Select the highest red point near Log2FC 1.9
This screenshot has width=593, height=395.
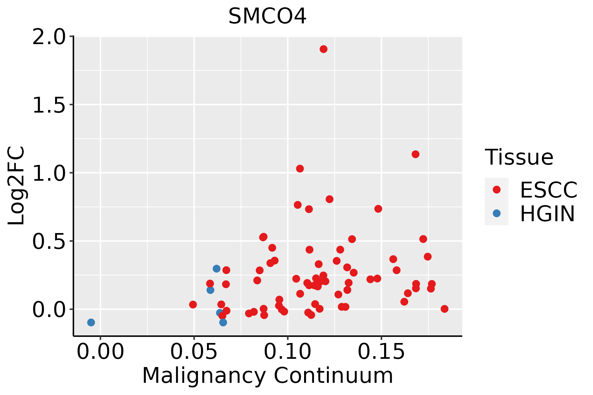[x=324, y=49]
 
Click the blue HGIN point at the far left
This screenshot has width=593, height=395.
[x=91, y=322]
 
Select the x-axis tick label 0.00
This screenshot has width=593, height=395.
[x=100, y=352]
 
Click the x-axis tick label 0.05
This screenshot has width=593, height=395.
[x=194, y=352]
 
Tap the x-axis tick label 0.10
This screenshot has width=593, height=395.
[x=288, y=352]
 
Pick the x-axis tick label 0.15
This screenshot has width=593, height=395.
[x=381, y=352]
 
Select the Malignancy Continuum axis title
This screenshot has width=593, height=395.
[x=268, y=376]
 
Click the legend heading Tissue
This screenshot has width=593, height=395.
[x=519, y=157]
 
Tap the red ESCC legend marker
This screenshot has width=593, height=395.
[x=496, y=190]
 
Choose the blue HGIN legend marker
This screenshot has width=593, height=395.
[x=496, y=213]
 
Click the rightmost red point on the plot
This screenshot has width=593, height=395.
[x=444, y=309]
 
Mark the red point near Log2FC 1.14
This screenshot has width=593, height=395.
[x=415, y=154]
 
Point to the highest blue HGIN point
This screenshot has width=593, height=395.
[x=216, y=269]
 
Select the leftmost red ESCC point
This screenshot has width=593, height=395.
[x=193, y=304]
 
